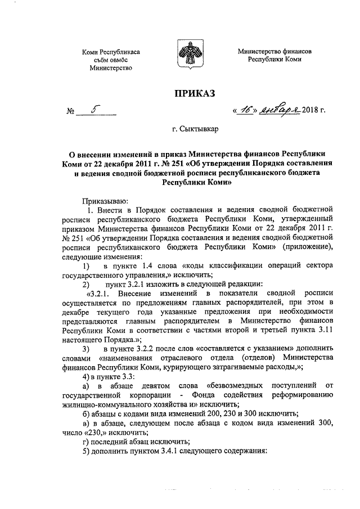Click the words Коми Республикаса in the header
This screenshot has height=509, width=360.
click(x=110, y=52)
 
